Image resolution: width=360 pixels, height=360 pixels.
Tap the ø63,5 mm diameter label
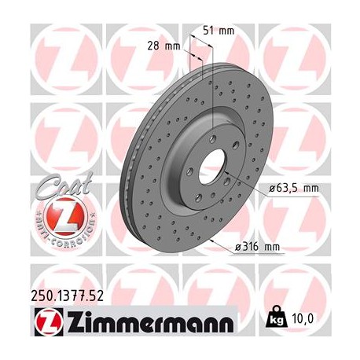tap(292, 189)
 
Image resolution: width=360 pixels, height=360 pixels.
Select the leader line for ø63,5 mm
tap(244, 182)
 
